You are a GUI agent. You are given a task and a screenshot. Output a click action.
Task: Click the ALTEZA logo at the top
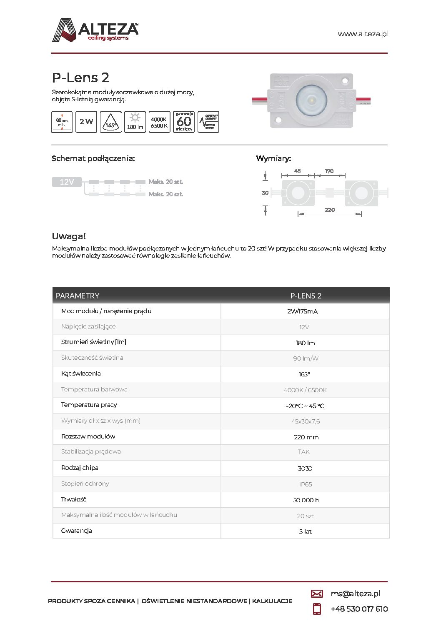point(95,30)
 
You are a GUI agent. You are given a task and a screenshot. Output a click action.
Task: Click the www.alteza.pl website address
point(363,34)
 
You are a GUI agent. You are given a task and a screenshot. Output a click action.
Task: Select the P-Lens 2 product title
point(80,78)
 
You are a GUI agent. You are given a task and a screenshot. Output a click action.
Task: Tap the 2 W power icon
point(86,122)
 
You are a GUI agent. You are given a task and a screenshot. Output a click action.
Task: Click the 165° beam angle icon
point(110,122)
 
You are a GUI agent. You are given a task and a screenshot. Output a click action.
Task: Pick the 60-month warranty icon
point(183,122)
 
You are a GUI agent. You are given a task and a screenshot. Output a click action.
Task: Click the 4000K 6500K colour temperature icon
point(159,122)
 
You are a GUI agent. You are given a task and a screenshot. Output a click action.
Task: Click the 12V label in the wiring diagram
point(67,182)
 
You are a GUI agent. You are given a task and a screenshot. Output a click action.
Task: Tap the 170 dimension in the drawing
point(329,171)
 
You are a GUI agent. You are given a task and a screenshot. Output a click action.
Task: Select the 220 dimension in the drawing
point(330,210)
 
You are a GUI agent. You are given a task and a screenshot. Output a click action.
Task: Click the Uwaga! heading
point(69,236)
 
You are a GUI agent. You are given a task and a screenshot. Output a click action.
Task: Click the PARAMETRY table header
point(78,296)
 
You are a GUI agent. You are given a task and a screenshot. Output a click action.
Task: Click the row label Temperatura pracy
point(89,405)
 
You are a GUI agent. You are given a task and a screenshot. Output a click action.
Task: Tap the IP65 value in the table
point(306,484)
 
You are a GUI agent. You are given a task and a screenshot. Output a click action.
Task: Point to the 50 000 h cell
point(306,500)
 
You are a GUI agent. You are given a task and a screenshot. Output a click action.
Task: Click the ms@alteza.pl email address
point(355,594)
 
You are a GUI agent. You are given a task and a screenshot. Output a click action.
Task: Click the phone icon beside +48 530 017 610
point(317,609)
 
